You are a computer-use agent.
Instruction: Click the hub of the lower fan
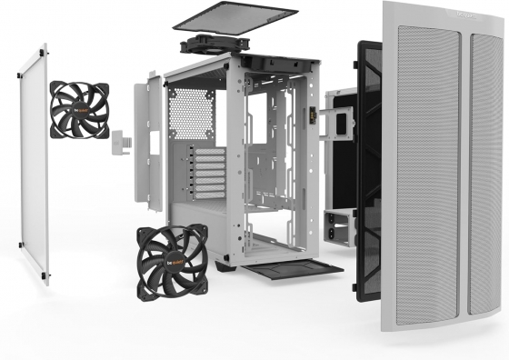coord(173,259)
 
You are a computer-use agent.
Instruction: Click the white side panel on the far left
coord(35,164)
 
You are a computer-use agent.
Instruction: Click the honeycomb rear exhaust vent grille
coord(191,114)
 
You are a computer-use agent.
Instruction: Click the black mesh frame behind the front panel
coord(368,164)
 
